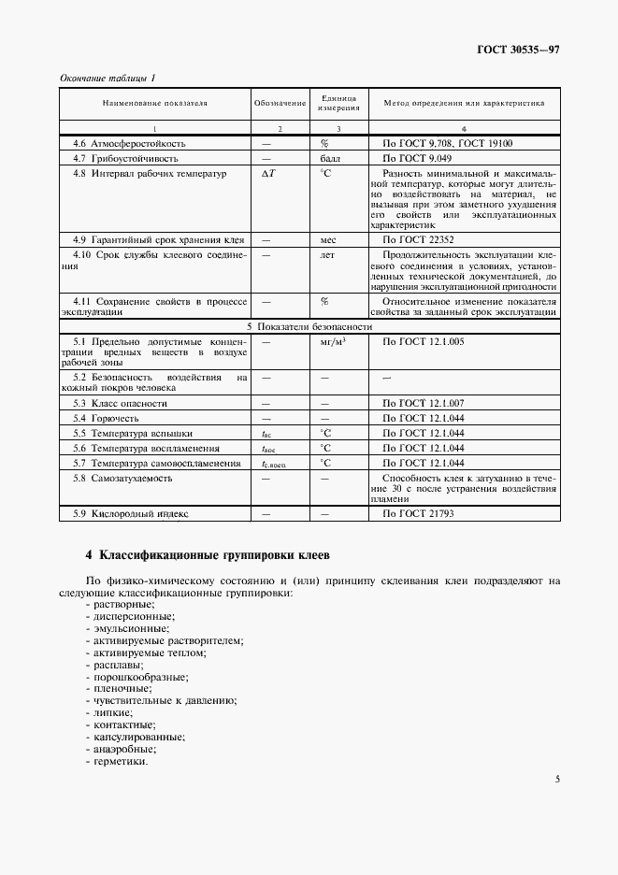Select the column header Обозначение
click(280, 103)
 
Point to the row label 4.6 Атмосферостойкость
click(129, 144)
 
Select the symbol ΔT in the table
click(268, 173)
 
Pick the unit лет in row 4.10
click(327, 254)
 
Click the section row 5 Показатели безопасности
click(309, 328)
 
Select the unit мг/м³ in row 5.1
click(332, 342)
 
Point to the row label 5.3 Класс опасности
click(121, 403)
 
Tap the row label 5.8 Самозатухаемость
click(122, 478)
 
